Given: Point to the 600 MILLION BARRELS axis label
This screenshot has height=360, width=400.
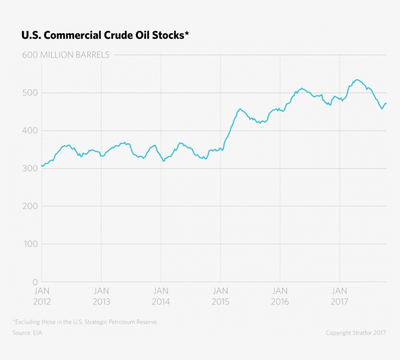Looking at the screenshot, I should point(66,55).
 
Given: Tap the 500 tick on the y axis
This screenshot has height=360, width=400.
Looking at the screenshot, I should point(30,93).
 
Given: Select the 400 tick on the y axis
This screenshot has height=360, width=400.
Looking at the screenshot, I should point(30,131).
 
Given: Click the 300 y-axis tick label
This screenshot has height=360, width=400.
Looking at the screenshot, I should point(30,168).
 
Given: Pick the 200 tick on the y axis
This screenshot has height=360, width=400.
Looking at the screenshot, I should point(30,206).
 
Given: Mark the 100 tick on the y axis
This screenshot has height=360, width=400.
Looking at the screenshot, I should point(31,244).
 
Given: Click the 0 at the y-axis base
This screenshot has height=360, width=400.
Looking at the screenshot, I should point(35,282).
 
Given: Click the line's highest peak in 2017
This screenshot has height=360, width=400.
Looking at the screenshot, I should point(357,80).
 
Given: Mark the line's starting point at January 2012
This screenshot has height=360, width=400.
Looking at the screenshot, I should point(42,165).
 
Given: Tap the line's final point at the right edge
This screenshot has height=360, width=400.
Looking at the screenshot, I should point(386,103).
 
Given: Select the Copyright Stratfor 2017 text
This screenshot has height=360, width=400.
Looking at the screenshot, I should point(356,333).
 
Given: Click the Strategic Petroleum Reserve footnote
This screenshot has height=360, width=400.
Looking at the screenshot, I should point(85,322).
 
